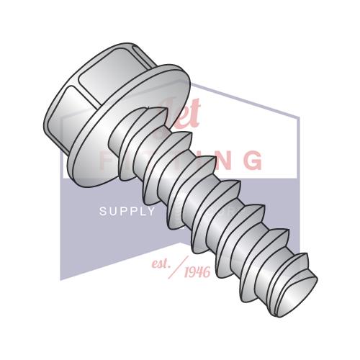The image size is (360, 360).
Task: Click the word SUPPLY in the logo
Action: [x=127, y=211]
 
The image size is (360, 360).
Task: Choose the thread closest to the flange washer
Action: [x=144, y=130]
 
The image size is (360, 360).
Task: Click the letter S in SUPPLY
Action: [x=102, y=211]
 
